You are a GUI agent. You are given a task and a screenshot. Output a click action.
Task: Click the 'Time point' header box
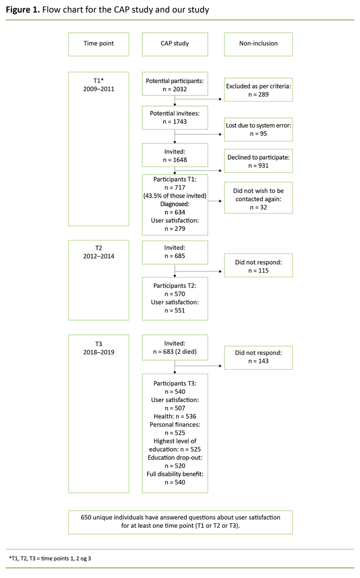pyautogui.click(x=99, y=44)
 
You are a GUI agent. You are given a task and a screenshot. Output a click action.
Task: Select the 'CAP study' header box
pyautogui.click(x=174, y=44)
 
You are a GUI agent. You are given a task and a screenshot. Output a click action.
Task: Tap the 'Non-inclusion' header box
pyautogui.click(x=258, y=44)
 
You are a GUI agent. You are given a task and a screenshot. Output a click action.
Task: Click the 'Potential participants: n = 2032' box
pyautogui.click(x=174, y=85)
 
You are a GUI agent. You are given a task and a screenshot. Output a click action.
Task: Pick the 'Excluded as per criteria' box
pyautogui.click(x=258, y=90)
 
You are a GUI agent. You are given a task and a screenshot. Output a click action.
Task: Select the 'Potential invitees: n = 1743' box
pyautogui.click(x=174, y=117)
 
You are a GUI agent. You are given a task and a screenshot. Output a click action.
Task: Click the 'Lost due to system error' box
pyautogui.click(x=258, y=129)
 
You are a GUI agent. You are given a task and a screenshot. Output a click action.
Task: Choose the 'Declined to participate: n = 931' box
pyautogui.click(x=258, y=161)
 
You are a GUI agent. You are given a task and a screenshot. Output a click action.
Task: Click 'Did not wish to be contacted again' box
pyautogui.click(x=258, y=199)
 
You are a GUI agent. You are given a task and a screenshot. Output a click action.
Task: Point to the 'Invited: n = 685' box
pyautogui.click(x=174, y=251)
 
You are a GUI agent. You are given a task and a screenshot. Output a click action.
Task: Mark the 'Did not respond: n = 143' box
pyautogui.click(x=258, y=357)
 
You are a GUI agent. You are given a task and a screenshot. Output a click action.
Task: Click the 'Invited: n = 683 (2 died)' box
pyautogui.click(x=174, y=348)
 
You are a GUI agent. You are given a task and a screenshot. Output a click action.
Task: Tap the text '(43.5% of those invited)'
pyautogui.click(x=174, y=195)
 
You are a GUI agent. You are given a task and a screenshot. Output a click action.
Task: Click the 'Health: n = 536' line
pyautogui.click(x=174, y=415)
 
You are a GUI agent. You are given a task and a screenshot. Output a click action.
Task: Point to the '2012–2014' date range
pyautogui.click(x=99, y=256)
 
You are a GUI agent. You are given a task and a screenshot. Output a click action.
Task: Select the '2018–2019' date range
pyautogui.click(x=99, y=352)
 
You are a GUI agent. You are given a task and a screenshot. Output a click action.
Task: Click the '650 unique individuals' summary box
pyautogui.click(x=180, y=522)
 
